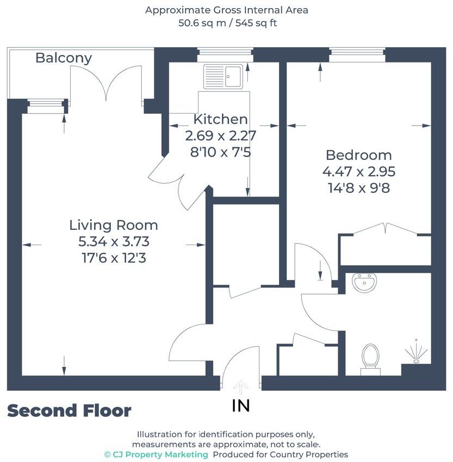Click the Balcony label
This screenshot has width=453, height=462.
point(64,58)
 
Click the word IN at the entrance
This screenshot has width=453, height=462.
point(241,405)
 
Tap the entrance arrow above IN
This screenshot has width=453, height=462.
point(241,387)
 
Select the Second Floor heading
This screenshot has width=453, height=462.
point(69,411)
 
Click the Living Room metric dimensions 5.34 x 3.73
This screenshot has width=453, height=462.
point(114,241)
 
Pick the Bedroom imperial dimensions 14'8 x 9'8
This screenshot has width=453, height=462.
point(358,188)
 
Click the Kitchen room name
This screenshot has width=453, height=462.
point(220,119)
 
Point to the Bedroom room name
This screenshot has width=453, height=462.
point(358,155)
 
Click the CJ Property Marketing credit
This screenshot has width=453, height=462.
point(156,454)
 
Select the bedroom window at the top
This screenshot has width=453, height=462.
point(357,53)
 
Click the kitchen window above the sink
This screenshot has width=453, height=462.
point(225,53)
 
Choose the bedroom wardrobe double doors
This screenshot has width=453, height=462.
point(385,229)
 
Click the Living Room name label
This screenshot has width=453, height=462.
point(114,224)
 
